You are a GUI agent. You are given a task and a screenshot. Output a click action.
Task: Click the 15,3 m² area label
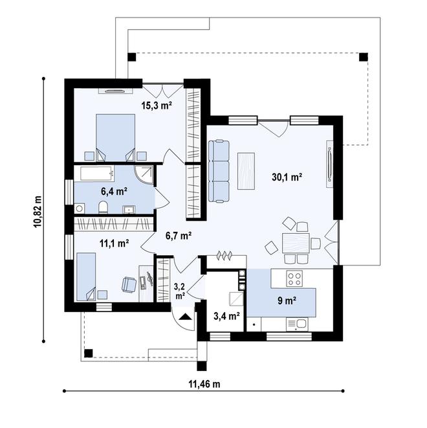coord(157,105)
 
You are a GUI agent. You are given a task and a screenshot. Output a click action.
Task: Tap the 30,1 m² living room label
coord(287,177)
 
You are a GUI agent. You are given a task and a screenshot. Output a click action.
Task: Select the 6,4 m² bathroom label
coord(115,192)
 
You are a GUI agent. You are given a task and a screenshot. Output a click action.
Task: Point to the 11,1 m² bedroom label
coord(115,243)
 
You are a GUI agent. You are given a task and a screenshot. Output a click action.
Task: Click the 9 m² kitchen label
coord(287,301)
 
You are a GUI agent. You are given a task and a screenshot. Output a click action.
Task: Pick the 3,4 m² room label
coord(227,316)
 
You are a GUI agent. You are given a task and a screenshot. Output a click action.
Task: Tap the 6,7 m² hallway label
coord(179,235)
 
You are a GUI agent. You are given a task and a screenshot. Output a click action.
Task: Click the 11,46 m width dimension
coord(204,384)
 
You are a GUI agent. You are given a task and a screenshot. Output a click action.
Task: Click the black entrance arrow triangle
coord(186,317)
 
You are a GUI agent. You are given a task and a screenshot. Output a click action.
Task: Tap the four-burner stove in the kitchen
coord(294,278)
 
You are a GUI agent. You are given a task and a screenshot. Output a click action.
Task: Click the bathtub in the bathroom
coord(97,173)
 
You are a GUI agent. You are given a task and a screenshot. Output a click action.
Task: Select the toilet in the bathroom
coord(103,207)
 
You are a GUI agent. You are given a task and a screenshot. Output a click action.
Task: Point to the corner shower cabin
coord(144,174)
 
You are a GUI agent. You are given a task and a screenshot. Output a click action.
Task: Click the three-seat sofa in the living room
coord(219,172)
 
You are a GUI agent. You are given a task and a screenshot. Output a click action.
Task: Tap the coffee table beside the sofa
coord(246,171)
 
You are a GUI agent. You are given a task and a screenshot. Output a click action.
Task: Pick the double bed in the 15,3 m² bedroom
coord(116,137)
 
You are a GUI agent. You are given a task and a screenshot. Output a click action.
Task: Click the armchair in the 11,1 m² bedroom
coord(129,285)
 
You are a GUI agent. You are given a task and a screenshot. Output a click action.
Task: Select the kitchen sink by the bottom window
coord(297,324)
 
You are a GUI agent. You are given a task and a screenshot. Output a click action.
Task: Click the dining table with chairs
coord(296,243)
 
